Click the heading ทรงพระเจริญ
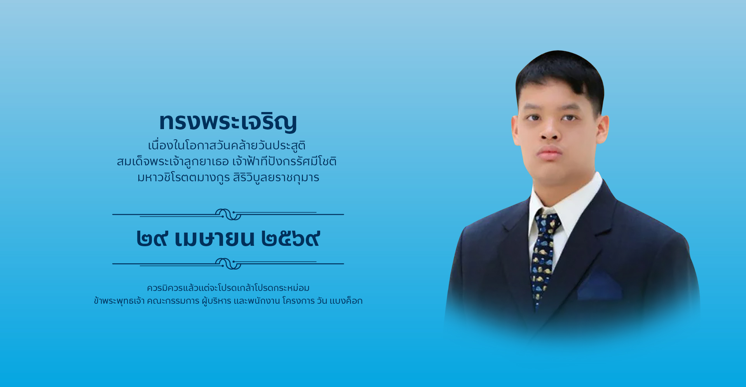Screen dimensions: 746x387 tap(228, 122)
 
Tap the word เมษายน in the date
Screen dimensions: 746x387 tap(214, 238)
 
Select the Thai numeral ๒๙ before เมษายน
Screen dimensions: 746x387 tap(152, 238)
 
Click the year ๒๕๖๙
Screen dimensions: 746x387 tap(291, 238)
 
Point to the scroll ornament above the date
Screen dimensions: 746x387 tap(228, 214)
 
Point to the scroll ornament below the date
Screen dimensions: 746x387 tap(228, 264)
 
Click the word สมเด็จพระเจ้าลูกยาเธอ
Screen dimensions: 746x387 tap(173, 161)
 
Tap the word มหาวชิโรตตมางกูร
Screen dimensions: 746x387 tap(184, 178)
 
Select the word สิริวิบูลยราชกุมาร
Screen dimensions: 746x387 tap(276, 178)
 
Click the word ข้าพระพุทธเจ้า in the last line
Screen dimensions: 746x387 tap(119, 301)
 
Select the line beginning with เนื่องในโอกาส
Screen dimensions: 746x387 tap(227, 145)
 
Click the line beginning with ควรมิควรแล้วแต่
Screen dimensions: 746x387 tap(228, 288)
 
